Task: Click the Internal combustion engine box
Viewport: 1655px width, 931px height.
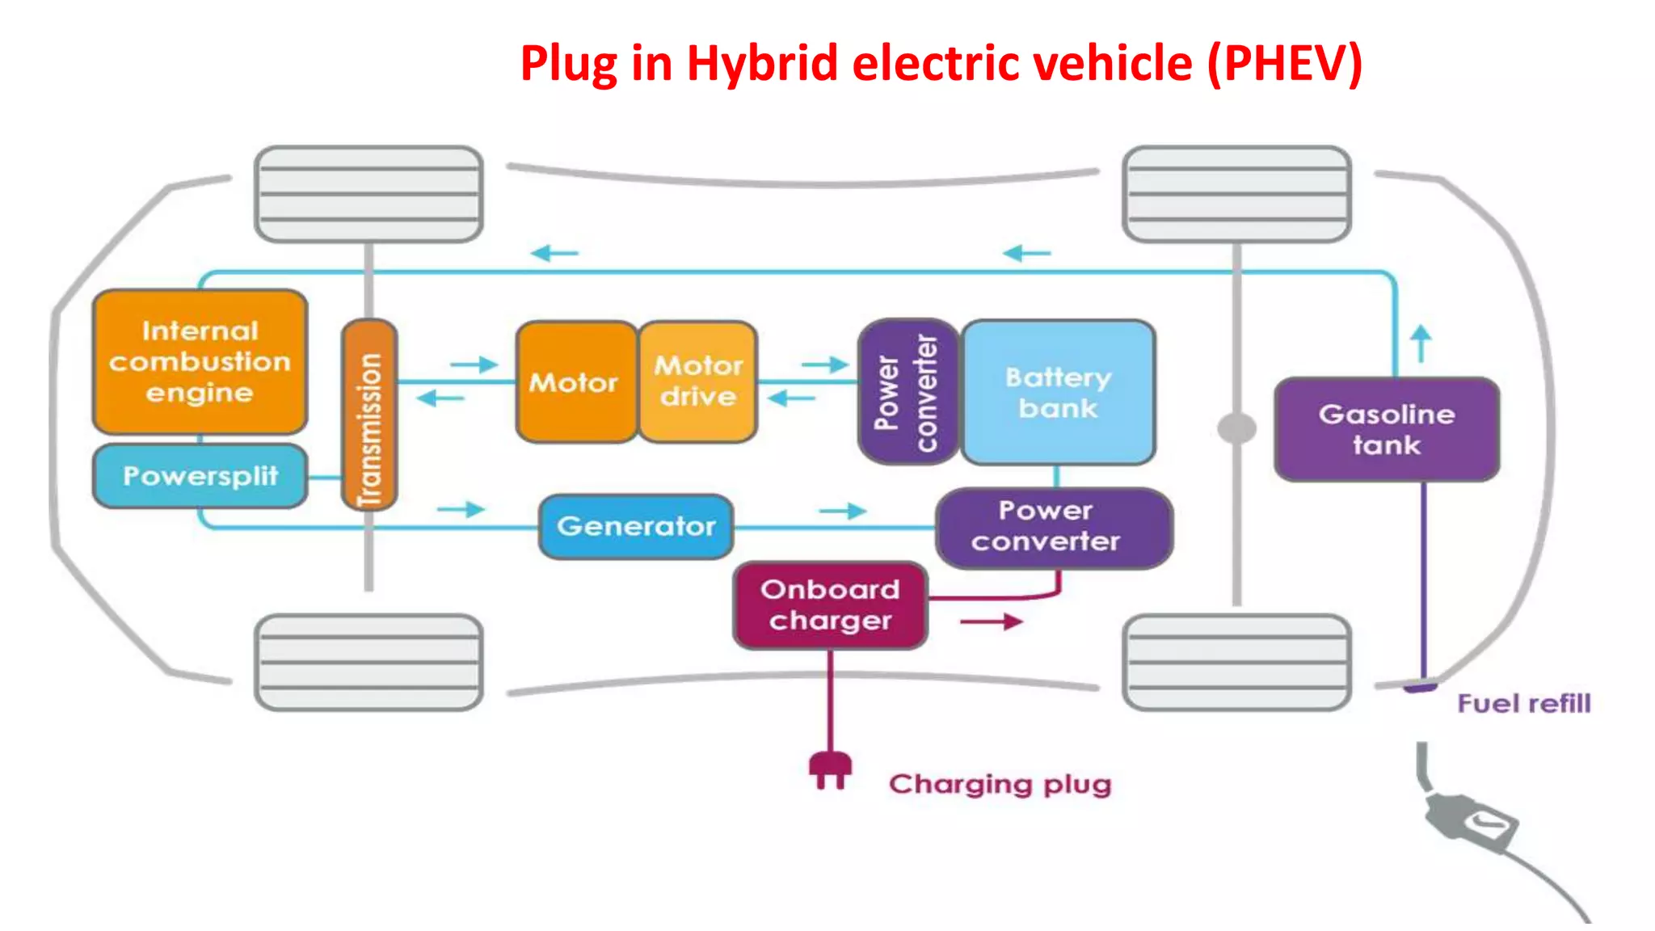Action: click(200, 361)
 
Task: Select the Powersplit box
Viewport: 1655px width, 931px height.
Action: click(200, 476)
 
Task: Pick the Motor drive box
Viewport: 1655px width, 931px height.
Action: click(698, 381)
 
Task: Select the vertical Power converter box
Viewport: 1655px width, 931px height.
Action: click(907, 392)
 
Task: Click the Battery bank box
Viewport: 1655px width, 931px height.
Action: click(1059, 392)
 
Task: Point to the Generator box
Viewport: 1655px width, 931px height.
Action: click(636, 527)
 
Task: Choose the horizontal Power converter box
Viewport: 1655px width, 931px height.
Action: click(1053, 527)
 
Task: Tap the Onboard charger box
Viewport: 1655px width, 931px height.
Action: click(830, 605)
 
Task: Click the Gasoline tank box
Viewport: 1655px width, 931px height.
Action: click(1387, 429)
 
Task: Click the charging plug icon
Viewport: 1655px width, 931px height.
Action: click(830, 769)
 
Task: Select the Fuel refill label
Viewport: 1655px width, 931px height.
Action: click(1523, 704)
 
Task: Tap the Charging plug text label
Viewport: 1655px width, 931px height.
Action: click(1000, 784)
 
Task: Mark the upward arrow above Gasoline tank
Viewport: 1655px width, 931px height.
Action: click(1421, 343)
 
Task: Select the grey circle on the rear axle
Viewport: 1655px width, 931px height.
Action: click(1236, 428)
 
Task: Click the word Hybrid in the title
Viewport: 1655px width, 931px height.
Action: click(762, 63)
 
